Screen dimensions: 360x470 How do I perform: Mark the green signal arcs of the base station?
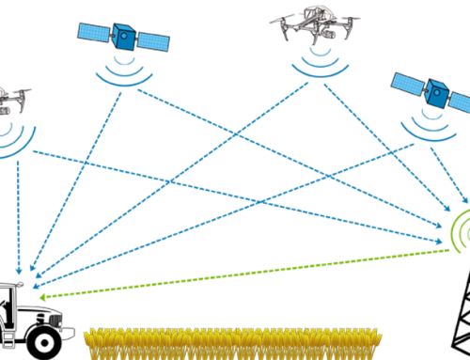coord(457,230)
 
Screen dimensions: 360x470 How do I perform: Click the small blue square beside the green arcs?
coord(465,201)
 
